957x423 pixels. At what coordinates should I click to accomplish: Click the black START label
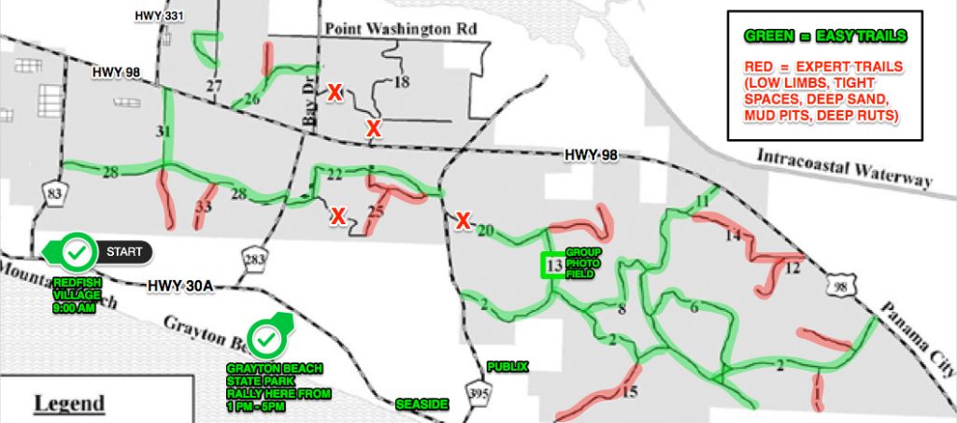124,251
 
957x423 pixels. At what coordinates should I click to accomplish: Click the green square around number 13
553,266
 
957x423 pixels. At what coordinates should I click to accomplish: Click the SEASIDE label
422,404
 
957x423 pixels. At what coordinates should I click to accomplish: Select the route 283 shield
250,261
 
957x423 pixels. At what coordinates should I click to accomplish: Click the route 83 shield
49,193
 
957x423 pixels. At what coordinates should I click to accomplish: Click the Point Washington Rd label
401,30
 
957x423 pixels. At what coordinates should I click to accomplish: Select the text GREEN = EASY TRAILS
824,36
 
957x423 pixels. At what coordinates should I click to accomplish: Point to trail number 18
402,82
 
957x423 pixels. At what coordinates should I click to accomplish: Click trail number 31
164,132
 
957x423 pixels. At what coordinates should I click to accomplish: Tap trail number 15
630,391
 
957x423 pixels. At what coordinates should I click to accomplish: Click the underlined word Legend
69,403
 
